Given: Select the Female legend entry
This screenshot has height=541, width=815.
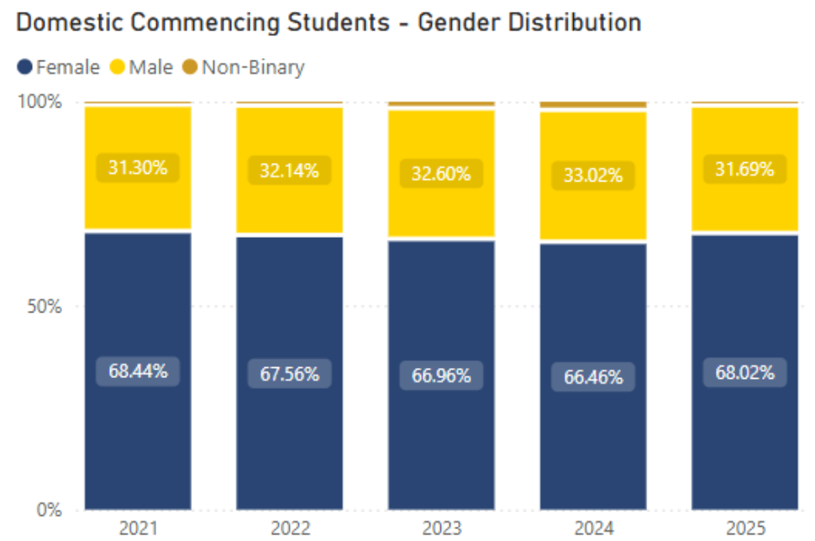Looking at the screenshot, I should pos(59,66).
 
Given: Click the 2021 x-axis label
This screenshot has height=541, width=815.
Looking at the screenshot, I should pos(138,528).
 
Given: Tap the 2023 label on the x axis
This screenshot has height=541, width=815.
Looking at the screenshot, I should pos(441,528).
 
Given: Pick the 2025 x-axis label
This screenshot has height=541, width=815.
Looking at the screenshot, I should pos(744,528).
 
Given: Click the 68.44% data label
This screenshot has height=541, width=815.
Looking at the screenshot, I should pos(138,370).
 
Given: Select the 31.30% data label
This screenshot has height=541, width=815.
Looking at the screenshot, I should pos(138,167).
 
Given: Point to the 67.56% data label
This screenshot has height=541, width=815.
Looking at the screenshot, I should pos(289,374).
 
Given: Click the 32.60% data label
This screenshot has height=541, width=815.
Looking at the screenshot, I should pos(441,175).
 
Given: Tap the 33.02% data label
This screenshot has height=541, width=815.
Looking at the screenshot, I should pos(592,176).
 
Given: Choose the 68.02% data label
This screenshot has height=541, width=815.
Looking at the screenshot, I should pos(744,372).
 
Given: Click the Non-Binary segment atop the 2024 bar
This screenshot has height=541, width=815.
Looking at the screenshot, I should pos(592,105).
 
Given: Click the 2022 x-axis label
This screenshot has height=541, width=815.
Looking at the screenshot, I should pos(289,528).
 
